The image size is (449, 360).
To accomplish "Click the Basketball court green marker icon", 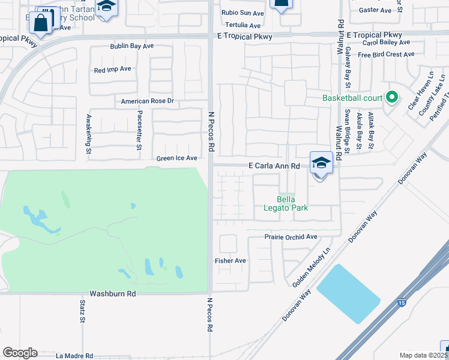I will click(x=392, y=97).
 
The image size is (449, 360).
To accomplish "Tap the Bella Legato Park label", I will click(x=294, y=204).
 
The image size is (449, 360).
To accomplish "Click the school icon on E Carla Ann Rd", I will click(x=321, y=163).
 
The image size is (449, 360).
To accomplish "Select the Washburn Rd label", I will click(x=113, y=294).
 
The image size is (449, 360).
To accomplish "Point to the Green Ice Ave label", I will click(x=176, y=158).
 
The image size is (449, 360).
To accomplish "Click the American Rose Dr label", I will click(x=147, y=101).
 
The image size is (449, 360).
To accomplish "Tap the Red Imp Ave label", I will click(x=112, y=70).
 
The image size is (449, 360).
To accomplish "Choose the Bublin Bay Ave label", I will click(x=132, y=46).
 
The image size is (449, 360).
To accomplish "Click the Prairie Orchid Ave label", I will click(x=291, y=237).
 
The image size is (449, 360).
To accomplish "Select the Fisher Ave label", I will click(x=231, y=261).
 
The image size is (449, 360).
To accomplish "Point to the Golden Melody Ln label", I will click(x=312, y=268).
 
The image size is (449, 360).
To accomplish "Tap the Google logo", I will click(x=20, y=353).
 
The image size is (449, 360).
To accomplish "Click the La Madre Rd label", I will click(x=74, y=356).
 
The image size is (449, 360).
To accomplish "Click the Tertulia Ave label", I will click(x=243, y=26).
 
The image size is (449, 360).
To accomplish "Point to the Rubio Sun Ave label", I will click(x=243, y=13).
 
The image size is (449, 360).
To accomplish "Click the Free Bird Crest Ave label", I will click(x=386, y=55).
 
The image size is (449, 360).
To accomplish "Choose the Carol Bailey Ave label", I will click(x=386, y=43).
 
